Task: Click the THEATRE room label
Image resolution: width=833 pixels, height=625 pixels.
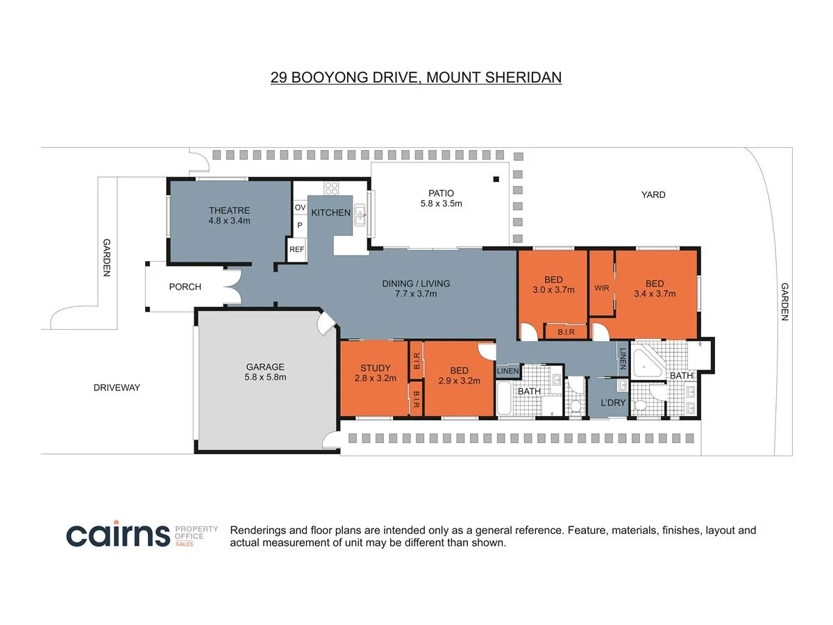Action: point(229,210)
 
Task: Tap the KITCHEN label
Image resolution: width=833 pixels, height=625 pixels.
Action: point(330,212)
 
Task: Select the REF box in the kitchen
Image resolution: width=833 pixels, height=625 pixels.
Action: point(297,249)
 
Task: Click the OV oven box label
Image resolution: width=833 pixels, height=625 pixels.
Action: point(300,207)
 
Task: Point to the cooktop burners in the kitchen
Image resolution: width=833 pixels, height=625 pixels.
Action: point(331,188)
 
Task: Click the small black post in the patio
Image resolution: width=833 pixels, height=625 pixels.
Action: point(496,179)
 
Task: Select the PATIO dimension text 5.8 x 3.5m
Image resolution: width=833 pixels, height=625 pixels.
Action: point(441,203)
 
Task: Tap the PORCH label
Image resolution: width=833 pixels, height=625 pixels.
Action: point(185,287)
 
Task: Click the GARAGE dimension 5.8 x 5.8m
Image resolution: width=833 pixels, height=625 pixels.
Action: point(265,377)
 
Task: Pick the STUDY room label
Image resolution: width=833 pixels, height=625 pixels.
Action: point(376,368)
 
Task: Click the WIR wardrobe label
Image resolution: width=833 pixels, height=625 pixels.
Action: point(602,288)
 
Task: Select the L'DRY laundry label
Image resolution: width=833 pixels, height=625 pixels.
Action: point(613,403)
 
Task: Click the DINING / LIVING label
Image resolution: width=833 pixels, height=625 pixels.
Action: point(416,283)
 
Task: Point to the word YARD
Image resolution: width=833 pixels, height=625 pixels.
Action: point(653,194)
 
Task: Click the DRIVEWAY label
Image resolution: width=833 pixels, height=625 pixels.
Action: point(117,387)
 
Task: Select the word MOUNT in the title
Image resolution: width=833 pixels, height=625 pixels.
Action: point(453,77)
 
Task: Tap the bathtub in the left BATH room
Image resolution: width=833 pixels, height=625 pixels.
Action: point(504,398)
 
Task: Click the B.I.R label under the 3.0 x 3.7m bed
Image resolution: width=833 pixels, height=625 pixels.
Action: point(566,332)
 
